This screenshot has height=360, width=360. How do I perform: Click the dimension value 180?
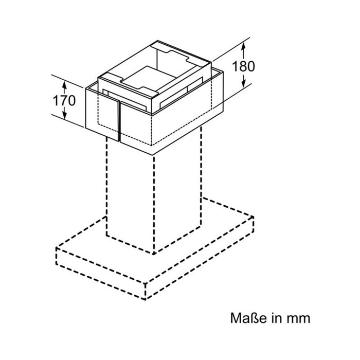(243, 66)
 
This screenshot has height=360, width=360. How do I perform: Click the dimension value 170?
(64, 101)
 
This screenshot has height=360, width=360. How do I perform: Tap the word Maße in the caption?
(248, 318)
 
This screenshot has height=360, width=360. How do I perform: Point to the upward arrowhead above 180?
(244, 47)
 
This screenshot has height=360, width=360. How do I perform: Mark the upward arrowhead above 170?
(64, 85)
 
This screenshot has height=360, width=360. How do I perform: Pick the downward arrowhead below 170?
(64, 115)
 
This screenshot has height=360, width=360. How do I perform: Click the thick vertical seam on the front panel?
(119, 121)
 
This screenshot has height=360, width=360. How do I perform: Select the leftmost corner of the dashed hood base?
(57, 247)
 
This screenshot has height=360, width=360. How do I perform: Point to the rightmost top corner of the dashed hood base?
(253, 217)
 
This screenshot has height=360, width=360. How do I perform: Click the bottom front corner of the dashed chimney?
(154, 254)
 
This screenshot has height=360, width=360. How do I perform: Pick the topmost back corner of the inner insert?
(157, 41)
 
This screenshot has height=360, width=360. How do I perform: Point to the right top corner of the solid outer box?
(223, 72)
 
